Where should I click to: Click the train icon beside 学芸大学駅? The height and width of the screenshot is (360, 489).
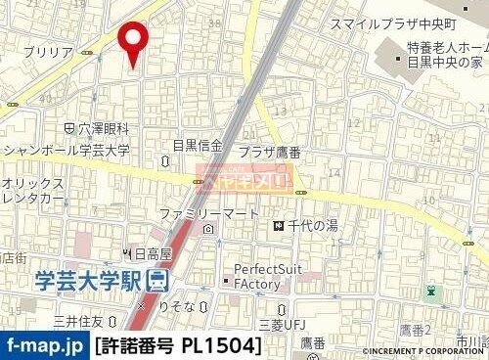click(158, 281)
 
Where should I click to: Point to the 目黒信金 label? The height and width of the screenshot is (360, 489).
click(198, 146)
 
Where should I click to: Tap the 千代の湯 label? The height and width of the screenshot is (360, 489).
click(312, 226)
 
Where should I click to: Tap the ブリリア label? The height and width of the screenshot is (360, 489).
click(48, 51)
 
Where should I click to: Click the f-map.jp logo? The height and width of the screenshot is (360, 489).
click(45, 345)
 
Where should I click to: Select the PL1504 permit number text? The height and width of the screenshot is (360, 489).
click(221, 345)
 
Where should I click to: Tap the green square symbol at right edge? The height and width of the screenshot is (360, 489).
click(431, 291)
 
